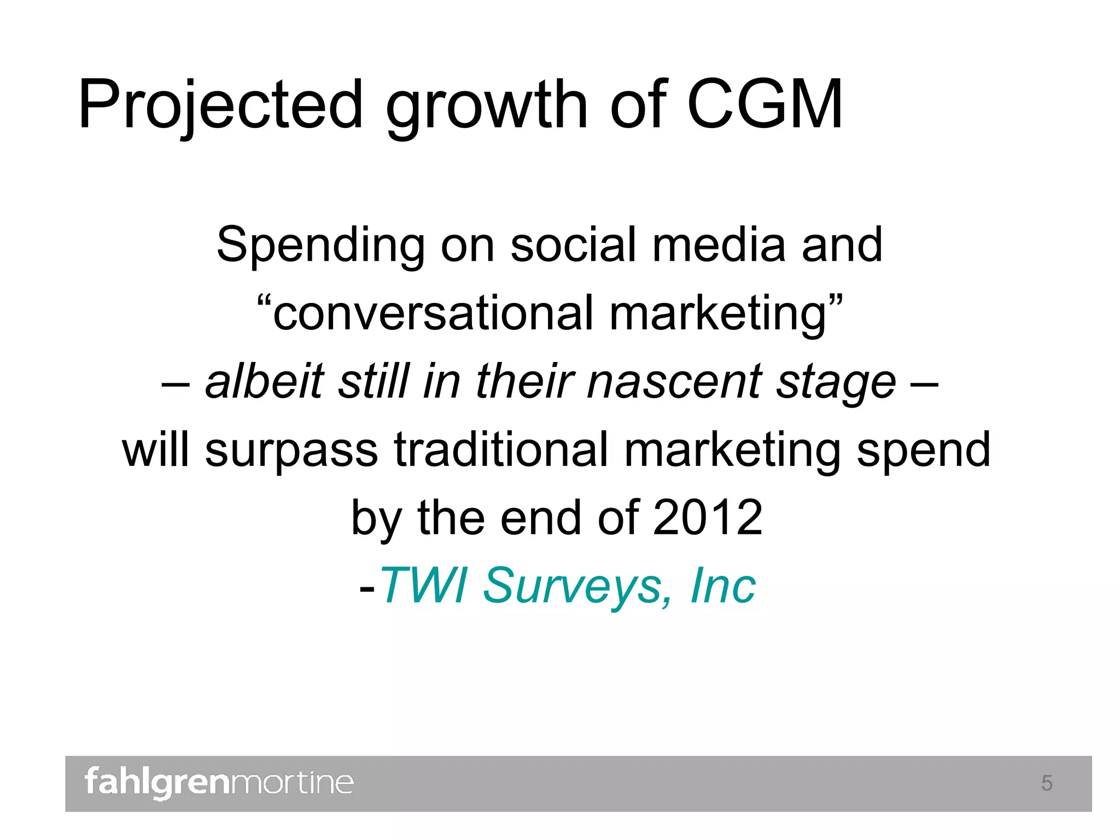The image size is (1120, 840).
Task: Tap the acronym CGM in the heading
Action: [764, 105]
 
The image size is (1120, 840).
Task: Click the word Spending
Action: [320, 246]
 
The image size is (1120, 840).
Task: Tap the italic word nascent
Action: [673, 382]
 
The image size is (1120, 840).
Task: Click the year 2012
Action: [708, 518]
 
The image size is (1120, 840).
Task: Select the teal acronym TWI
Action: [424, 586]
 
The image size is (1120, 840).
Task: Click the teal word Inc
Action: [722, 586]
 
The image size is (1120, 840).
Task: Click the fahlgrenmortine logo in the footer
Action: [219, 783]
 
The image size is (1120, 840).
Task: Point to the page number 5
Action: [1046, 783]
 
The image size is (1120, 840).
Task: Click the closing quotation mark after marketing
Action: [835, 300]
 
